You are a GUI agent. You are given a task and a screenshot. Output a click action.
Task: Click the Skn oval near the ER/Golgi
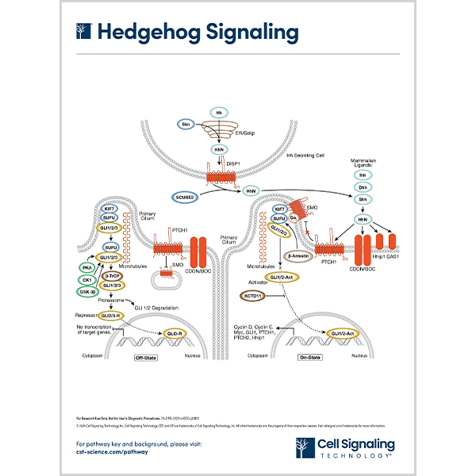pyautogui.click(x=186, y=125)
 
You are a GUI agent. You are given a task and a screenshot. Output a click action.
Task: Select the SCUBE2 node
pyautogui.click(x=185, y=195)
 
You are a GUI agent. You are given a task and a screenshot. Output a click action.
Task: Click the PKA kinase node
pyautogui.click(x=88, y=269)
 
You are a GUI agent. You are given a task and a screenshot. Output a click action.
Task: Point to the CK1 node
pyautogui.click(x=88, y=280)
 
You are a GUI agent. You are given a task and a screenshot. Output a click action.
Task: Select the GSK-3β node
pyautogui.click(x=88, y=292)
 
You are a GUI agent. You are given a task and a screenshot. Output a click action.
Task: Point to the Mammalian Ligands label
pyautogui.click(x=363, y=165)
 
